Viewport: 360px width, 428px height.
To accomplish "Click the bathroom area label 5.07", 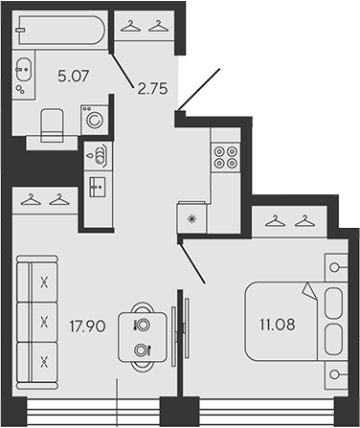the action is pos(74,76).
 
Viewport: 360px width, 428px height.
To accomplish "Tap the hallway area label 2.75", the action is pos(152,89).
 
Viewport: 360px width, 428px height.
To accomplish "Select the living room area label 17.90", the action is pos(87,327).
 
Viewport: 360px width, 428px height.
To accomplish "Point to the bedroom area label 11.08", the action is pos(278,325).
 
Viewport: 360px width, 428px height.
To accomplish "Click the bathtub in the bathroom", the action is pos(61,31).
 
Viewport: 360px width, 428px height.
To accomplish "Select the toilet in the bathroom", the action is pos(52,125).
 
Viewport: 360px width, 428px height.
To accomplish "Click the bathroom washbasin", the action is pos(24,69).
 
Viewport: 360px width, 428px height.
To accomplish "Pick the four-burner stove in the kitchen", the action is pos(226,157).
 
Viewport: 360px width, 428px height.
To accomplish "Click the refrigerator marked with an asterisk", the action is pos(191,218).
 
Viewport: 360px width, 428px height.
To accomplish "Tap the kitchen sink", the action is pos(98,187).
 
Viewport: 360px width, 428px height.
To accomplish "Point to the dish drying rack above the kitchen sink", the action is pos(99,156).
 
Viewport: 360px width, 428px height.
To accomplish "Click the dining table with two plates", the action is pos(143,337).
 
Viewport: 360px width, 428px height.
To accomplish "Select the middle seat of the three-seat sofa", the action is pos(37,322).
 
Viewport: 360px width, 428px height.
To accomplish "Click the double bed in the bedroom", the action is pos(296,321).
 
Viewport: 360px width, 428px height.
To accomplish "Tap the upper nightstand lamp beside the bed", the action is pos(336,267).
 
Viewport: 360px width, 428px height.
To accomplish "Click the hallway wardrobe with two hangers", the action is pos(145,26).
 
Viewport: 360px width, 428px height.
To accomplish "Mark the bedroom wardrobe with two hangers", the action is pos(289,221).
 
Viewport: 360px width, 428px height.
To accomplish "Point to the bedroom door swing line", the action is pos(192,263).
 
